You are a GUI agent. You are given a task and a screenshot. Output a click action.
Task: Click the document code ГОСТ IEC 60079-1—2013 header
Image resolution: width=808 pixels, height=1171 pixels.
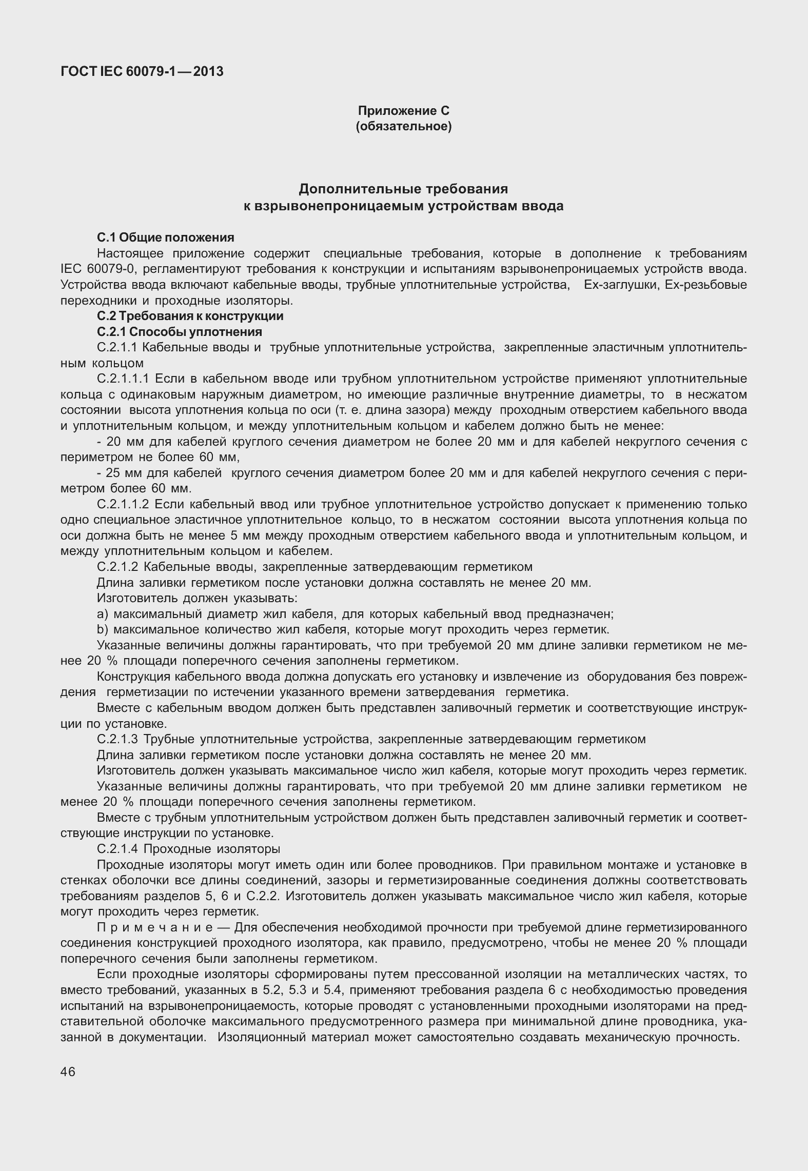tap(142, 72)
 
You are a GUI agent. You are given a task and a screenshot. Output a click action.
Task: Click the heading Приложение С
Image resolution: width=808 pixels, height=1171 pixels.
tap(403, 111)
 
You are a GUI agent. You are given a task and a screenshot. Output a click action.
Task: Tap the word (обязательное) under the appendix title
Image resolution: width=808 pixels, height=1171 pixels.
tap(403, 126)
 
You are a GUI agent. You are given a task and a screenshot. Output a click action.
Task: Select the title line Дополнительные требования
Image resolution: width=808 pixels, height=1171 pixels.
tap(403, 189)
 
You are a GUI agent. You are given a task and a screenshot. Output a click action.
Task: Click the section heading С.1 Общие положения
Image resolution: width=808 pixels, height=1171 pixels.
tap(165, 237)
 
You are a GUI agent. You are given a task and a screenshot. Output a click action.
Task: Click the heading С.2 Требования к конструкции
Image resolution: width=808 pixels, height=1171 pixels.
tap(190, 316)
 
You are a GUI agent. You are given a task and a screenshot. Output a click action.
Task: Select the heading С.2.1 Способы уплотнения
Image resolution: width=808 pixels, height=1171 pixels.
tap(179, 332)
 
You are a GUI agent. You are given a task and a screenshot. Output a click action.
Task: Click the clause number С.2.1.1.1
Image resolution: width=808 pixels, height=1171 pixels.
tap(123, 379)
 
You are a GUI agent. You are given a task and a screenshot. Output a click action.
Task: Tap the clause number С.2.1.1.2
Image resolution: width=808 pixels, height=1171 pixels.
tap(123, 505)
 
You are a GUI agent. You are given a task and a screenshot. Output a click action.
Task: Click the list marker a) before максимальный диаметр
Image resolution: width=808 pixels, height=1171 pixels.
tap(102, 614)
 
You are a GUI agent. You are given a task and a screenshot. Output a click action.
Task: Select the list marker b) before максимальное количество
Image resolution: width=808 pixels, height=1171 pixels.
tap(102, 630)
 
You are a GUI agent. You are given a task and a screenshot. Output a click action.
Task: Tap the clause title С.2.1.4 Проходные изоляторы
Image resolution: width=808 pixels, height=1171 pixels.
tap(188, 849)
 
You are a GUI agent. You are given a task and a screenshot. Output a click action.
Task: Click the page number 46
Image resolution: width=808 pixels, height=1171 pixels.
tap(68, 1072)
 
